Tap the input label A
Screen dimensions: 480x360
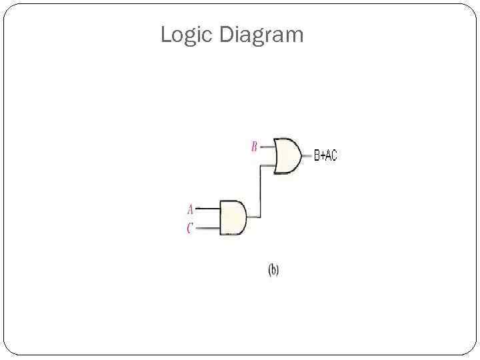(x=190, y=208)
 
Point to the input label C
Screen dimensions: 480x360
(x=190, y=229)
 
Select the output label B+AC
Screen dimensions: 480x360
(x=326, y=156)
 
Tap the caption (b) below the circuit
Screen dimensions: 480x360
(x=273, y=270)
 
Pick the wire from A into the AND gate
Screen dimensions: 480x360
(x=208, y=208)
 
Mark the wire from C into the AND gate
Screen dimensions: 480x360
(x=208, y=228)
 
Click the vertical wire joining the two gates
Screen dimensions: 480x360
(x=260, y=192)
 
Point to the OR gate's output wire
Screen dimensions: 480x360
(x=306, y=156)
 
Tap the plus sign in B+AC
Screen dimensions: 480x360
(x=322, y=156)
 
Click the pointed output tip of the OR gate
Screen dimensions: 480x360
(x=300, y=156)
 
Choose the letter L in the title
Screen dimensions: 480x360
(x=165, y=35)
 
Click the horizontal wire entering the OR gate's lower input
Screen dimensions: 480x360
(x=267, y=165)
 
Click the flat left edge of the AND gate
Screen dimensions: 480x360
(x=221, y=217)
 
